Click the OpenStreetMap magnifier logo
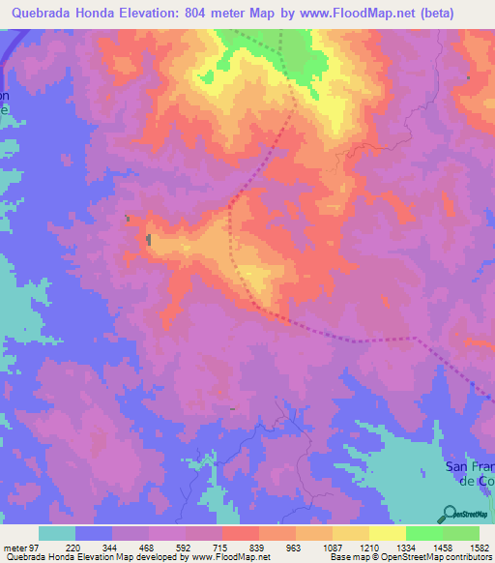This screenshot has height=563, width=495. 451,514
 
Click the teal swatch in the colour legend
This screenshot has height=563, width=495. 57,533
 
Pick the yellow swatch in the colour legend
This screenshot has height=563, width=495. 387,533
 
